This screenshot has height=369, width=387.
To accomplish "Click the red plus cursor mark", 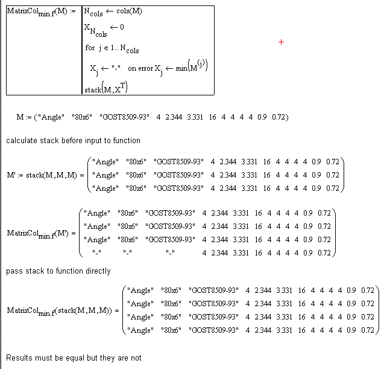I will pos(282,42).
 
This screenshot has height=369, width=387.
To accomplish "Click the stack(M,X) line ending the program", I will pos(106,88).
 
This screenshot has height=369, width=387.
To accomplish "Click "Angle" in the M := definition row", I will pos(51,117).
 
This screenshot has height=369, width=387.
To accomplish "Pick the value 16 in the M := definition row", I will pos(212,117).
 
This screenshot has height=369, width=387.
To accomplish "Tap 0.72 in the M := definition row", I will pos(278,117).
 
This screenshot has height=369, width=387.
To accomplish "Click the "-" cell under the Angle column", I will pos(96,252).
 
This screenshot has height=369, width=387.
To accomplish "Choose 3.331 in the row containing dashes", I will pos(244,252).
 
